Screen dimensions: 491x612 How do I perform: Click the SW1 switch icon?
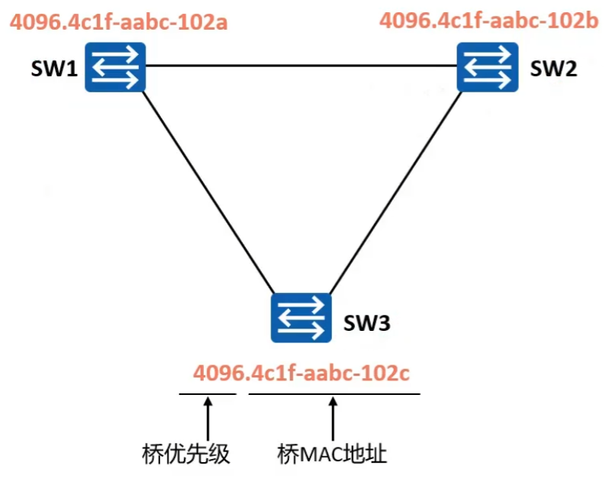[116, 67]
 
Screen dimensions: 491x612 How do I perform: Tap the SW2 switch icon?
[488, 67]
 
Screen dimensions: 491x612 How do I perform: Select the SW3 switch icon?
[301, 318]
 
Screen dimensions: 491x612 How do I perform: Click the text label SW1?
[55, 71]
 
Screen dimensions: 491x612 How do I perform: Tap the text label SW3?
[366, 323]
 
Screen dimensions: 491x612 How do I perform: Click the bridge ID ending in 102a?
[119, 21]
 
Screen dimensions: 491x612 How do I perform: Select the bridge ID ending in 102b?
[489, 20]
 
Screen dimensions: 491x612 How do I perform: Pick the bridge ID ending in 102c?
[301, 374]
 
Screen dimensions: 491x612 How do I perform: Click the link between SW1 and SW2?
[301, 66]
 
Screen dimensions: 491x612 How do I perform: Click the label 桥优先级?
[186, 455]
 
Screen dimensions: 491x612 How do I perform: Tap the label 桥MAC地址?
[332, 455]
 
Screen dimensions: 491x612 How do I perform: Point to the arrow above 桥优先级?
[207, 416]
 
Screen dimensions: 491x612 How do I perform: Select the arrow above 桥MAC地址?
[333, 416]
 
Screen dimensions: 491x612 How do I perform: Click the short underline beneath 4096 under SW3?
[208, 394]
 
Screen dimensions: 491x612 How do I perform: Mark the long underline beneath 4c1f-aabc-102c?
[334, 394]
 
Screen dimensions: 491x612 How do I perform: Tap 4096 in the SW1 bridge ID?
[36, 21]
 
